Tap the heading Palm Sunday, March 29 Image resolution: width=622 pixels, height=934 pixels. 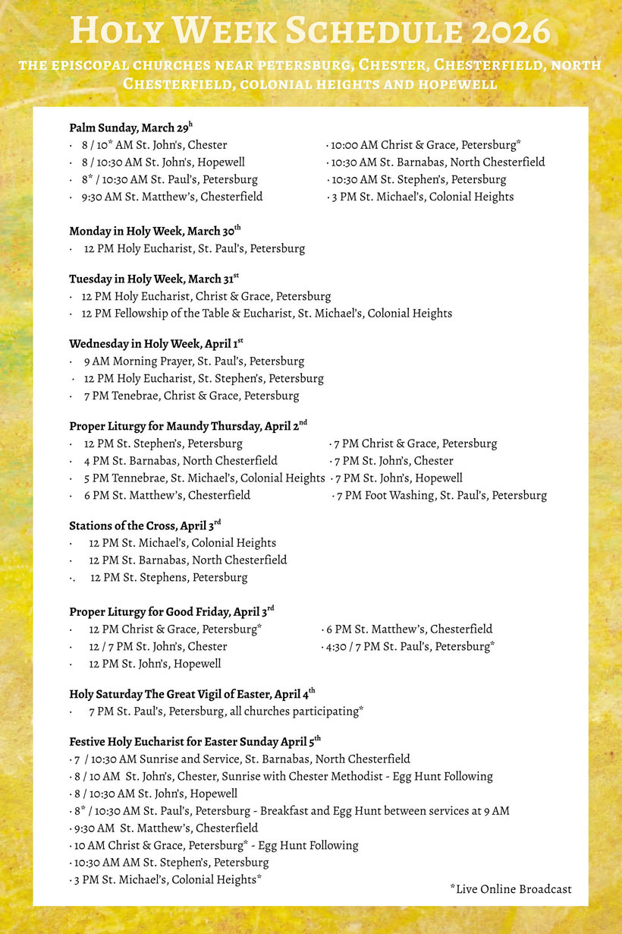[x=131, y=128]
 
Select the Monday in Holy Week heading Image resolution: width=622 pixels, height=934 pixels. [x=155, y=231]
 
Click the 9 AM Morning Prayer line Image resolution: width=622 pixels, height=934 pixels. [x=193, y=361]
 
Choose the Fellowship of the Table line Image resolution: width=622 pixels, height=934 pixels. [x=268, y=313]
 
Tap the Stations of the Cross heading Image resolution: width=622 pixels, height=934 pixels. [x=145, y=525]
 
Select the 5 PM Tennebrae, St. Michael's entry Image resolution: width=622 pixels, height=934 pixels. [x=204, y=478]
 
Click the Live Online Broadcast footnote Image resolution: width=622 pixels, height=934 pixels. [x=510, y=889]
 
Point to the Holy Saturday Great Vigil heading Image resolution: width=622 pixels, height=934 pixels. [x=192, y=693]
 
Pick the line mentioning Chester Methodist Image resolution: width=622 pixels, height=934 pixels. [x=282, y=776]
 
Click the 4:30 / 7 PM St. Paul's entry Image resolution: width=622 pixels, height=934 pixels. [x=410, y=646]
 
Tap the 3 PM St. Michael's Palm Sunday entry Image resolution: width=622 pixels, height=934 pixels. [x=422, y=197]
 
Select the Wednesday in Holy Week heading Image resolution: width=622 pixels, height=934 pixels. [x=156, y=344]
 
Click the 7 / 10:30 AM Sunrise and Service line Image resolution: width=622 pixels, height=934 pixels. [x=241, y=759]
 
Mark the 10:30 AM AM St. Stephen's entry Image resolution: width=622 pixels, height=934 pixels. [x=171, y=863]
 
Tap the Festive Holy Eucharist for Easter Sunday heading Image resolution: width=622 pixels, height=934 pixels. [x=195, y=741]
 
